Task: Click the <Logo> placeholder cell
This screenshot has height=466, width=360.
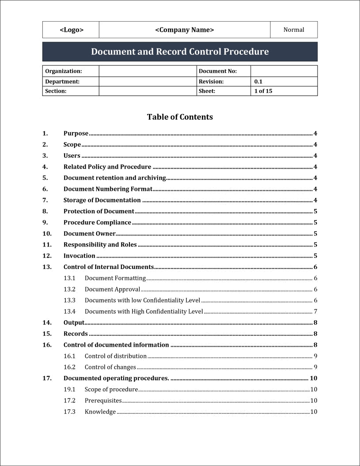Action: point(71,30)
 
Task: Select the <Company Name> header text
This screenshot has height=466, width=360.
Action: point(184,30)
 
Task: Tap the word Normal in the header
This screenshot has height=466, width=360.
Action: point(294,30)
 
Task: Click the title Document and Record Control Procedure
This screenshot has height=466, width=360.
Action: point(180,52)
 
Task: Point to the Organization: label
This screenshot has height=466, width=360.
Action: point(64,71)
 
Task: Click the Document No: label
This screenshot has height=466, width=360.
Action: point(218,71)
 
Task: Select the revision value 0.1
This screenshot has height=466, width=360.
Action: point(258,82)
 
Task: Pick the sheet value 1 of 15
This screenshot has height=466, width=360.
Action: point(263,91)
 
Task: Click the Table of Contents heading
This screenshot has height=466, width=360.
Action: point(180,117)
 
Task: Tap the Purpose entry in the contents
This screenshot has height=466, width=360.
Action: point(76,133)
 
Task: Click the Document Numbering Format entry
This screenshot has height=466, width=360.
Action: point(108,189)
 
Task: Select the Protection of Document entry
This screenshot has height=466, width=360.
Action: point(99,211)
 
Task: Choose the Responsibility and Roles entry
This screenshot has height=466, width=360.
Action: point(100,245)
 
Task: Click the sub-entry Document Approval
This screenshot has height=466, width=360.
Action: point(112,289)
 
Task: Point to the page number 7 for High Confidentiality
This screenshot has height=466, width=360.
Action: point(315,311)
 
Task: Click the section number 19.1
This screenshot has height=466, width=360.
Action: point(69,389)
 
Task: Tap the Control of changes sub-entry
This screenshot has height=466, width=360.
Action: point(110,367)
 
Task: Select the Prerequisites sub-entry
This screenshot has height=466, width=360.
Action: point(103,401)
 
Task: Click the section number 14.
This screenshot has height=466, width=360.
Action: point(47,322)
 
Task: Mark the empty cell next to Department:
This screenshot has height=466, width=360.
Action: point(148,82)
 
